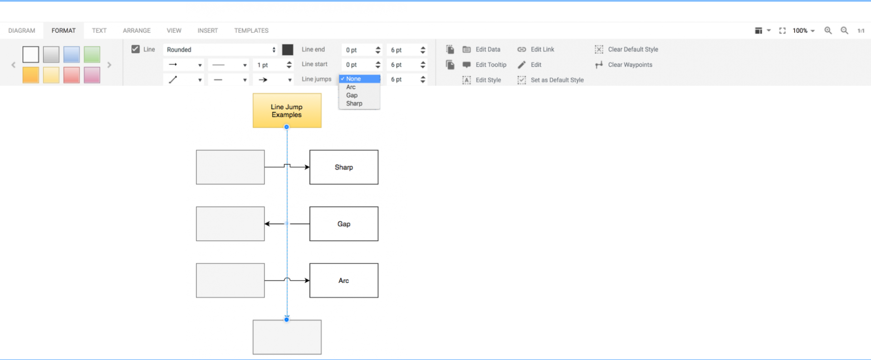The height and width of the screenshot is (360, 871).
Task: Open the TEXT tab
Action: [x=99, y=30]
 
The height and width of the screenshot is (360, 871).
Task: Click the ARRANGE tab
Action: [x=137, y=30]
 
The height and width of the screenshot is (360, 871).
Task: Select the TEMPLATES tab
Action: [x=251, y=30]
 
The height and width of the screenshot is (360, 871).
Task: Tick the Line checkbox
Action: [x=135, y=49]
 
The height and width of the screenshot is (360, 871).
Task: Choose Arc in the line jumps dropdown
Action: [x=351, y=87]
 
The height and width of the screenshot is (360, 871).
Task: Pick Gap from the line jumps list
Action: [x=352, y=95]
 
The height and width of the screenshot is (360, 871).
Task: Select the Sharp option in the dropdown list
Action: [x=354, y=103]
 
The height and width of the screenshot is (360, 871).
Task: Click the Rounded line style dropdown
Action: [x=221, y=49]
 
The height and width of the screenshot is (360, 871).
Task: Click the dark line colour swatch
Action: [x=288, y=49]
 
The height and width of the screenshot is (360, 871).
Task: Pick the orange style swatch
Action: [x=31, y=75]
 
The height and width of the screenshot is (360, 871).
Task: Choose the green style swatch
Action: [x=92, y=54]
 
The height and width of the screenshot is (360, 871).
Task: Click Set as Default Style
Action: [x=550, y=80]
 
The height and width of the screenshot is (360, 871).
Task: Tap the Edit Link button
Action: [x=536, y=49]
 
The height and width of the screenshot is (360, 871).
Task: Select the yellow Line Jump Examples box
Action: [x=287, y=111]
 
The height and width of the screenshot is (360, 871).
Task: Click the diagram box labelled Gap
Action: [x=344, y=224]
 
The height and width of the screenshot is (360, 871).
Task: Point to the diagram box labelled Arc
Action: [x=344, y=281]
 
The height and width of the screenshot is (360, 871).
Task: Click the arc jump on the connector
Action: [x=287, y=279]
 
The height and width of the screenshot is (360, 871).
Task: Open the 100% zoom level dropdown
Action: [x=803, y=30]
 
